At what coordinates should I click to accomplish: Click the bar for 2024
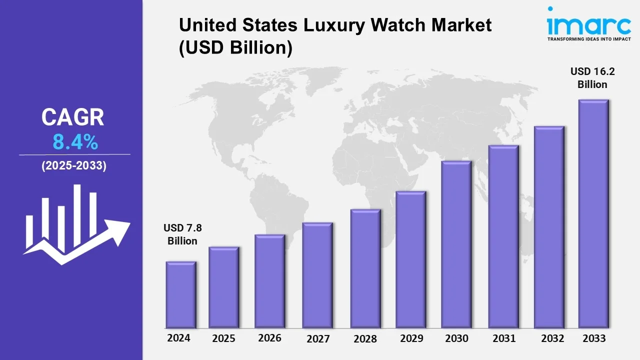coord(181,294)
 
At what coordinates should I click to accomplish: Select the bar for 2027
coord(317,275)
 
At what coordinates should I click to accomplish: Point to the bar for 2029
coord(410,259)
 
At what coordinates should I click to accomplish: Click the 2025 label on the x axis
coord(223,338)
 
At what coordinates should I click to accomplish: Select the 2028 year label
coord(365,338)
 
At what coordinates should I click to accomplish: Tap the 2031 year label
coord(503,338)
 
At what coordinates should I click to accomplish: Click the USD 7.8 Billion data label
coord(182,234)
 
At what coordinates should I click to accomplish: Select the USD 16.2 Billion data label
coord(592,78)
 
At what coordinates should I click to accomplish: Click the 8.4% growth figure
coord(75,143)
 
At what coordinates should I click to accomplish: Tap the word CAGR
coord(73,118)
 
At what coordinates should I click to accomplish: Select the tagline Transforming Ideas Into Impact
coord(581,38)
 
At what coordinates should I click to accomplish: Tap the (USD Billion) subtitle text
coord(235,48)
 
